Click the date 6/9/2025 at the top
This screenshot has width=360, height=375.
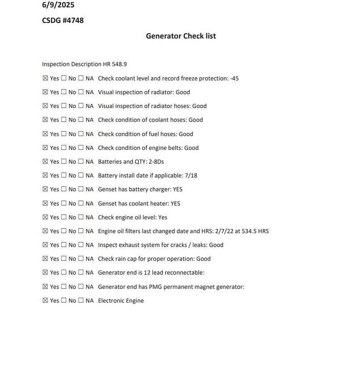[58, 5]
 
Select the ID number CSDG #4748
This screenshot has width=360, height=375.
[62, 20]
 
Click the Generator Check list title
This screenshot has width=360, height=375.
[181, 36]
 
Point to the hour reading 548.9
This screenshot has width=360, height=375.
[119, 64]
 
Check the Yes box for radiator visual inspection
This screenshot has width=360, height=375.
[45, 92]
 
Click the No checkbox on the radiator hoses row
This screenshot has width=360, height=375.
[64, 106]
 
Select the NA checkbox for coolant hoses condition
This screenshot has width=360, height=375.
[81, 120]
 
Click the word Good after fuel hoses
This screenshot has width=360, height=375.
[186, 134]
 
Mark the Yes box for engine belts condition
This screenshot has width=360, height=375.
[45, 148]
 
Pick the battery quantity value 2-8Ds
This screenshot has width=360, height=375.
[156, 162]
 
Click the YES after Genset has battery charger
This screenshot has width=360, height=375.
[177, 189]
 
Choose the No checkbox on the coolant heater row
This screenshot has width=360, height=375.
[64, 203]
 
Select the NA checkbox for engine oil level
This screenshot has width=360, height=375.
[81, 217]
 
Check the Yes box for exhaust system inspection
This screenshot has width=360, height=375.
[45, 245]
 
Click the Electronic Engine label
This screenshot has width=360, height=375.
[121, 301]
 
